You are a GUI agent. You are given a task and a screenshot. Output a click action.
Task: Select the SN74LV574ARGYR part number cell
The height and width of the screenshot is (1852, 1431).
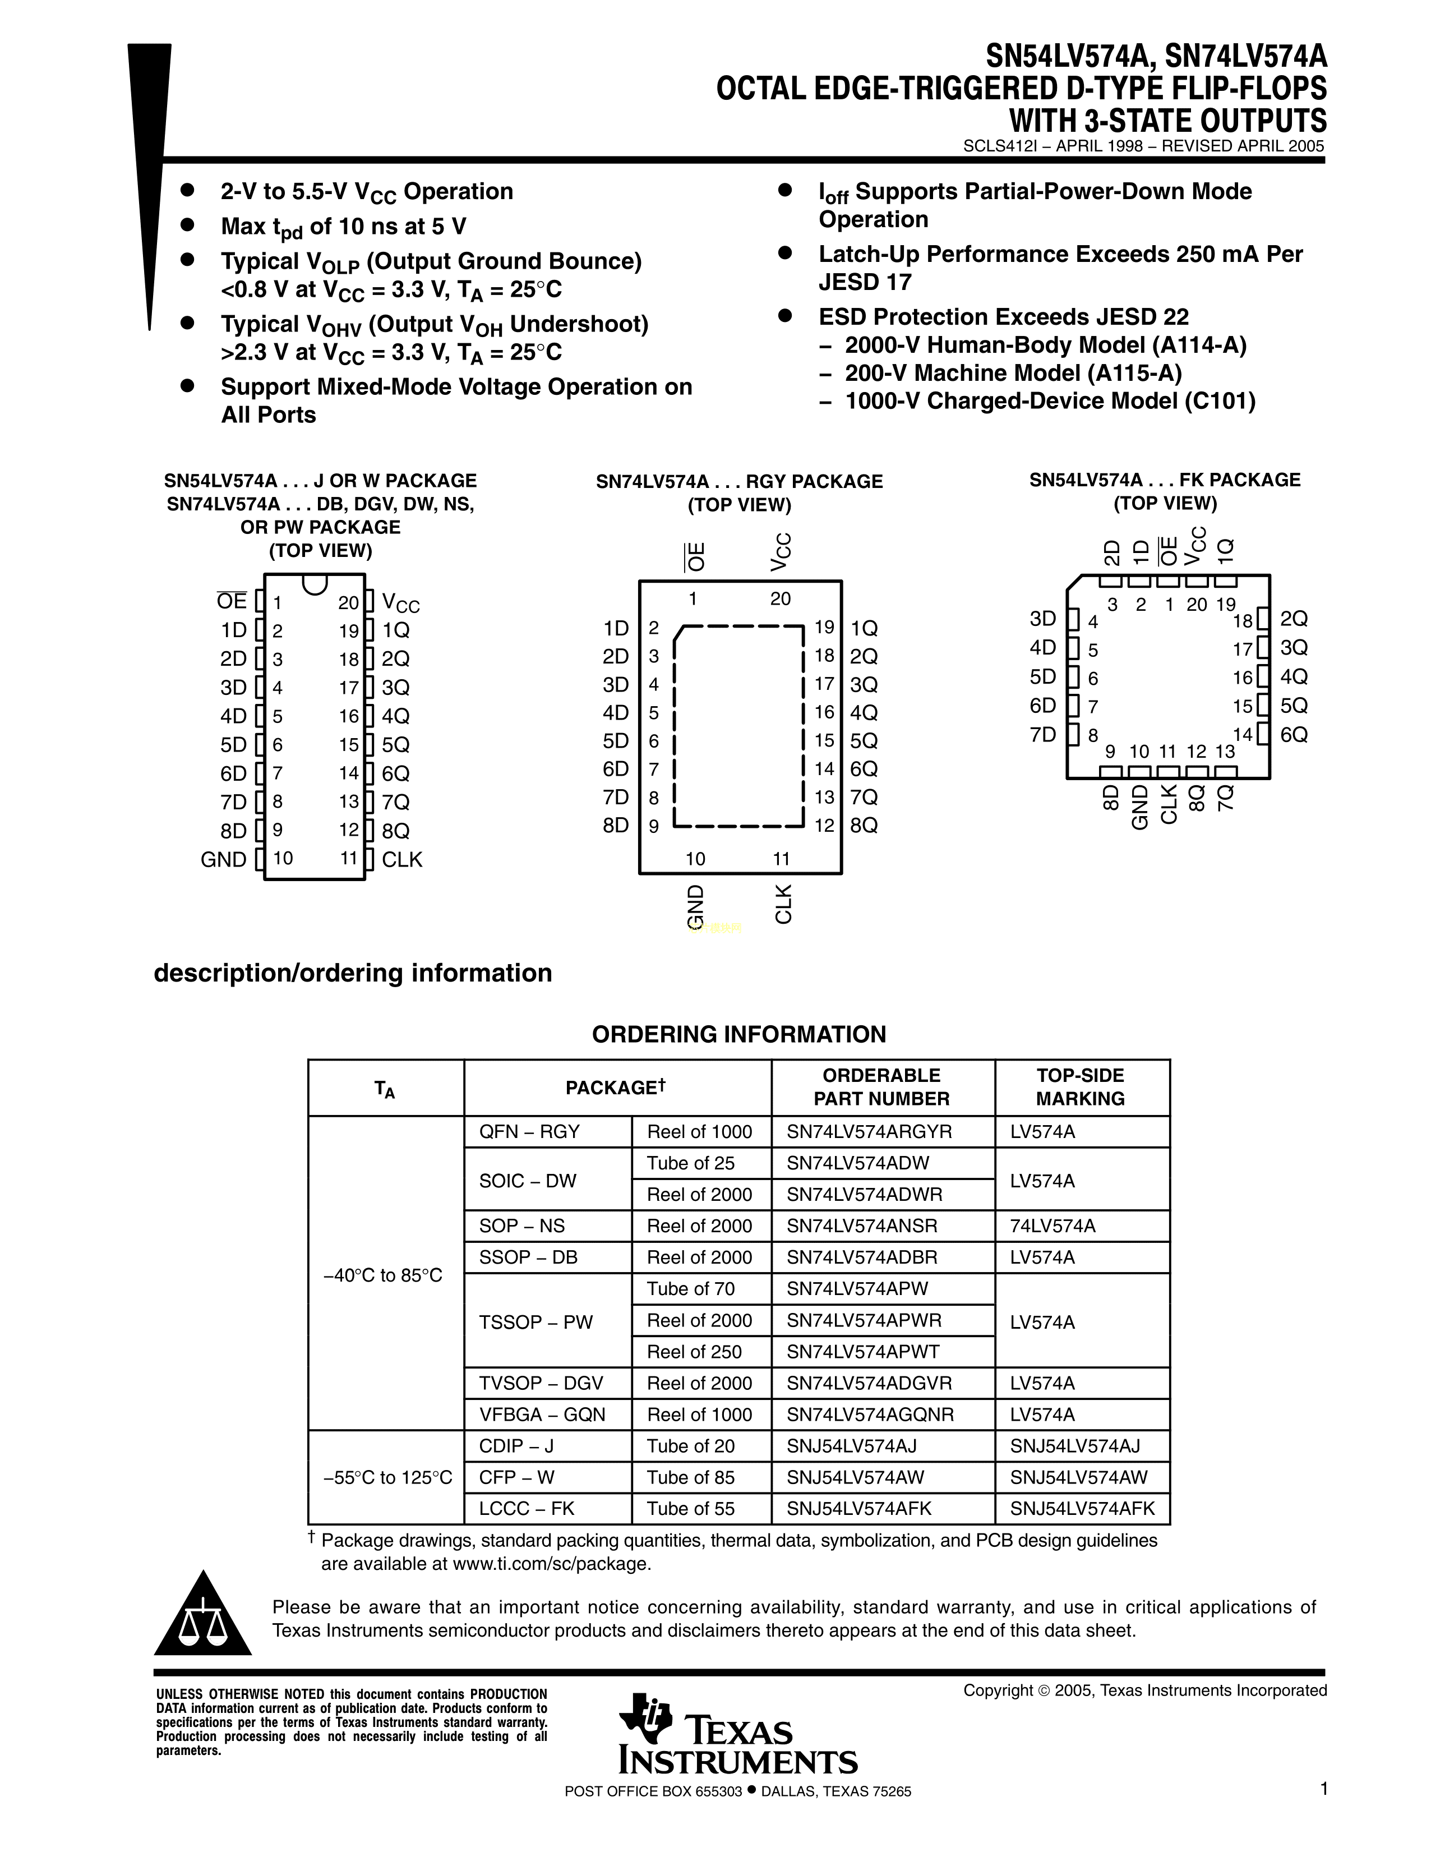(870, 1132)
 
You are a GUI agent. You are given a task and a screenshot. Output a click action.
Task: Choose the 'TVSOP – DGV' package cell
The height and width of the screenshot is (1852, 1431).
(541, 1383)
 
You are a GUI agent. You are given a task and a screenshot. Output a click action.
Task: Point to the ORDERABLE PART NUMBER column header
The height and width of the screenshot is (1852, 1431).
(881, 1087)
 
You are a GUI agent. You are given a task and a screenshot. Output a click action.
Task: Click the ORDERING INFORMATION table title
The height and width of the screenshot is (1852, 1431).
(738, 1035)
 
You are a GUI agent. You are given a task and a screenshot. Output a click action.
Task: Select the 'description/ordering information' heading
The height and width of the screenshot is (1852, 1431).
(353, 973)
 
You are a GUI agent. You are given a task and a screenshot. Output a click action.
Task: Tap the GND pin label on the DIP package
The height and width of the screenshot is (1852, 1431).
(223, 860)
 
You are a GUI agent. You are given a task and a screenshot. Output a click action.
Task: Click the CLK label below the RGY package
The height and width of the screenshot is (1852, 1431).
(782, 904)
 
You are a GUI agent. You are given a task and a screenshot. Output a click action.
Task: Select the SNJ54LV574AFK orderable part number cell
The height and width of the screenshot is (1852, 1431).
(860, 1509)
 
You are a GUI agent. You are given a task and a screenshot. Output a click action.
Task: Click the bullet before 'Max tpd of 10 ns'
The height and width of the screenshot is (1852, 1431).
(188, 225)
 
